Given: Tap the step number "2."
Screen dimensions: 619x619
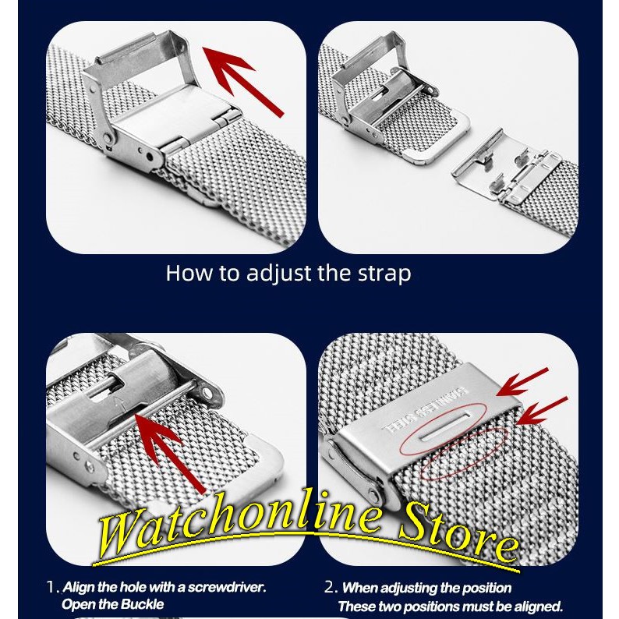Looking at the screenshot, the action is [x=331, y=587].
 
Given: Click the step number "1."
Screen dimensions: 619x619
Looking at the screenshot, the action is [x=54, y=587].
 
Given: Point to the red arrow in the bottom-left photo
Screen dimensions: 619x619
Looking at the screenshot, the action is [x=171, y=453].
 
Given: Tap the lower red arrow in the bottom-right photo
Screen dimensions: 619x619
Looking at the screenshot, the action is [x=541, y=411].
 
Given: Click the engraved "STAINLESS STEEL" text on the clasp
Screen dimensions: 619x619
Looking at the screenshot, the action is [x=423, y=411].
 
